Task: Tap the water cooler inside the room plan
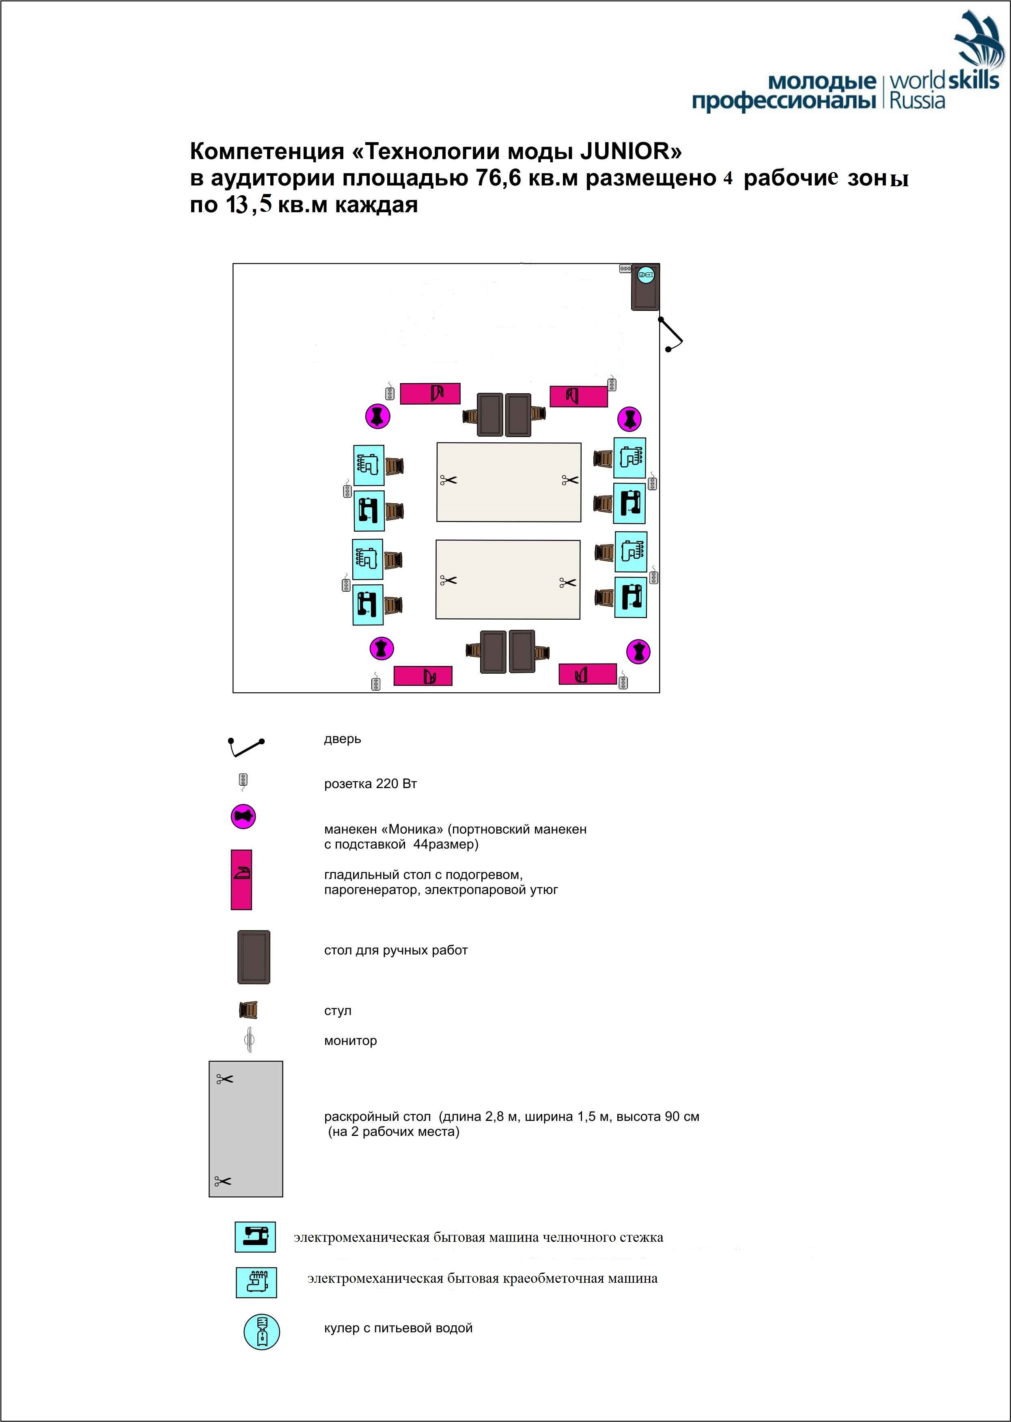tap(646, 274)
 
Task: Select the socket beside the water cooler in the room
tap(626, 269)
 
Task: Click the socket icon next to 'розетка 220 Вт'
tap(244, 782)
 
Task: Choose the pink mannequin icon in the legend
tap(244, 817)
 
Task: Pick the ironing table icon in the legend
tap(241, 879)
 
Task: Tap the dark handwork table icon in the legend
tap(253, 957)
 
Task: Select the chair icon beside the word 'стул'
tap(248, 1009)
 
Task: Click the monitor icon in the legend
tap(250, 1040)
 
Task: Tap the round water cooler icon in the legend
tap(261, 1332)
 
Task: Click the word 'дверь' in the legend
tap(343, 739)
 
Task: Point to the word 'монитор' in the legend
tap(351, 1041)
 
